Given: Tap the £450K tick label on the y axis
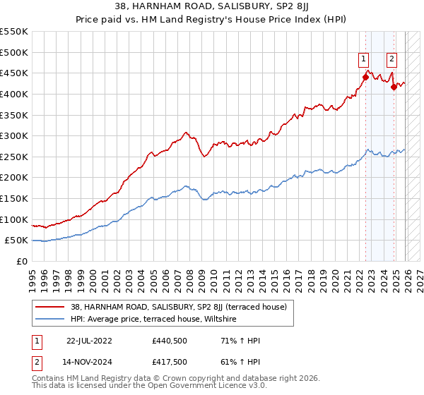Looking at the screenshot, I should click(x=14, y=73).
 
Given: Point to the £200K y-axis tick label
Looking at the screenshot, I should click(x=14, y=178).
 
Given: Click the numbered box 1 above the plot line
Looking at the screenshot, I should click(x=363, y=60).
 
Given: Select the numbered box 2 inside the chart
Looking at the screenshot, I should click(x=391, y=60).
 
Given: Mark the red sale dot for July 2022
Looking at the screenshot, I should click(x=366, y=77).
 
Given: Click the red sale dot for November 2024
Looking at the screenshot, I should click(x=394, y=87).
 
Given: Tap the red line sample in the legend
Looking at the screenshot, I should click(x=49, y=307).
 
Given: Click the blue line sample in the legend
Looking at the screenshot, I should click(x=49, y=320).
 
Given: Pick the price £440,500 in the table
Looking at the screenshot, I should click(x=169, y=341).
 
